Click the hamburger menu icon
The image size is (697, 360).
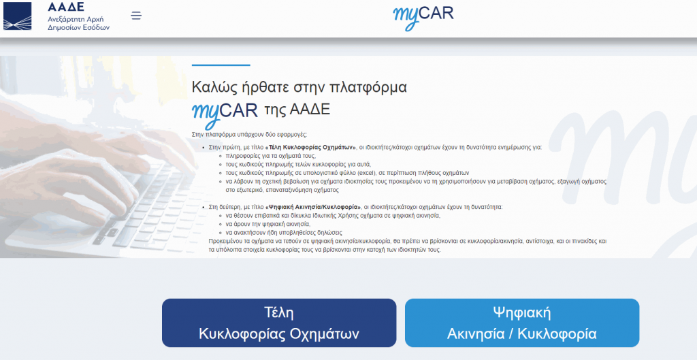pyautogui.click(x=136, y=16)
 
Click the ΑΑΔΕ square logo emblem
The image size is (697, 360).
pyautogui.click(x=17, y=16)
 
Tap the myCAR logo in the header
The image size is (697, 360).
pyautogui.click(x=423, y=17)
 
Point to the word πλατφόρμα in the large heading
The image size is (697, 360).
pyautogui.click(x=368, y=88)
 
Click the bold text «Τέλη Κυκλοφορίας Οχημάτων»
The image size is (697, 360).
pyautogui.click(x=310, y=148)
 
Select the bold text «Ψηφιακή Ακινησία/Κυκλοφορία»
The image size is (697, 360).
pyautogui.click(x=313, y=207)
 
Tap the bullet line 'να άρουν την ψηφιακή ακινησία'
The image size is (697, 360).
pyautogui.click(x=268, y=224)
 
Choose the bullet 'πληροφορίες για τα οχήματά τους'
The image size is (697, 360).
pyautogui.click(x=271, y=156)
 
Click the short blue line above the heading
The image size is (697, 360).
pyautogui.click(x=221, y=65)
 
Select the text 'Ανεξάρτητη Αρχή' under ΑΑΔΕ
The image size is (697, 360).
pyautogui.click(x=76, y=19)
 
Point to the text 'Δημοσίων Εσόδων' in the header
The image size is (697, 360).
pyautogui.click(x=79, y=27)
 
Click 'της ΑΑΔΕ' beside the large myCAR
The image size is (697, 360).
pyautogui.click(x=297, y=110)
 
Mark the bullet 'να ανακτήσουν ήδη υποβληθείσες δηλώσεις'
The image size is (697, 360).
pyautogui.click(x=284, y=233)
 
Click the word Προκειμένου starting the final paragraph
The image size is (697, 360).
pyautogui.click(x=225, y=242)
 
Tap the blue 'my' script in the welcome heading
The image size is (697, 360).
pyautogui.click(x=206, y=114)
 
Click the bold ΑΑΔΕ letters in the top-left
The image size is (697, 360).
pyautogui.click(x=66, y=7)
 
